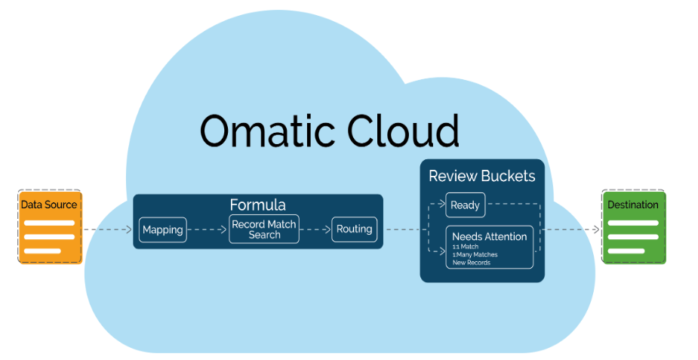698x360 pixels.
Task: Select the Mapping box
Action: (x=162, y=229)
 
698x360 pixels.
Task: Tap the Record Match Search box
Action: (x=264, y=229)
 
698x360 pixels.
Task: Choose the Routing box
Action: (x=354, y=229)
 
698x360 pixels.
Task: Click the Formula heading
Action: (x=257, y=205)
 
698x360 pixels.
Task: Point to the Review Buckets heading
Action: (x=481, y=176)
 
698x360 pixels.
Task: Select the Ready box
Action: (x=465, y=205)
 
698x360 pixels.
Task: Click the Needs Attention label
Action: (x=489, y=236)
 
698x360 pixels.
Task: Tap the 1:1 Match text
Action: (x=466, y=247)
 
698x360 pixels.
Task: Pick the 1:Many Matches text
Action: (x=475, y=254)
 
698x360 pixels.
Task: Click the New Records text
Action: (x=472, y=262)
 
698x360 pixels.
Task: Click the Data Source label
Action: (x=49, y=205)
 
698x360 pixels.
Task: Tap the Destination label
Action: (x=633, y=205)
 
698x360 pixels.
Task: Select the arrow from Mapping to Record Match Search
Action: (x=208, y=229)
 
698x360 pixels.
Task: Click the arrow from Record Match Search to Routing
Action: (x=315, y=229)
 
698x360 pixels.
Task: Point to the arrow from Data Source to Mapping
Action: (x=107, y=229)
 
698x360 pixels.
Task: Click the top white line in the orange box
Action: (x=49, y=223)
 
